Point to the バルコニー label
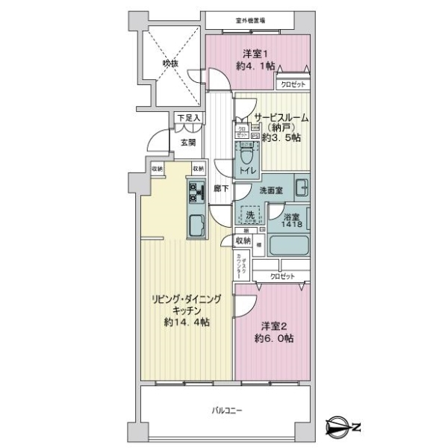point(224,409)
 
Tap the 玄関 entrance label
point(187,143)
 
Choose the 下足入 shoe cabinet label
point(187,118)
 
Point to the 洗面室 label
point(270,190)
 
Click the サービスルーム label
point(281,118)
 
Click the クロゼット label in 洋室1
point(293,85)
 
